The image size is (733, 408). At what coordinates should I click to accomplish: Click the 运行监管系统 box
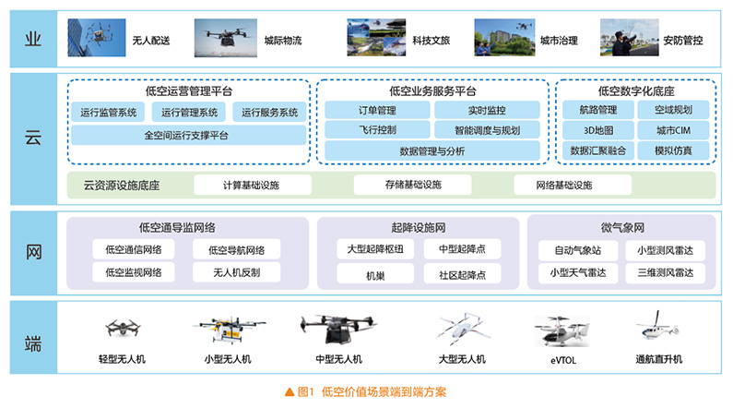pyautogui.click(x=108, y=113)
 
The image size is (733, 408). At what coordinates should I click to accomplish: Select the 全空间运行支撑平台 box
pyautogui.click(x=187, y=135)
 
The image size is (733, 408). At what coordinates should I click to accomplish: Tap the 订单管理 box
pyautogui.click(x=374, y=110)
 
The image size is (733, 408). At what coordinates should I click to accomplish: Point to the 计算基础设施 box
pyautogui.click(x=251, y=186)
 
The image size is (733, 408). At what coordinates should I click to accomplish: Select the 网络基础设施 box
pyautogui.click(x=563, y=186)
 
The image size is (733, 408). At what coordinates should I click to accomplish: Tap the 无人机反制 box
pyautogui.click(x=237, y=272)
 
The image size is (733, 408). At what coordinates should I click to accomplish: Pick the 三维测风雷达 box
pyautogui.click(x=665, y=273)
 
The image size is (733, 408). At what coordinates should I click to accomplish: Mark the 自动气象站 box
pyautogui.click(x=577, y=250)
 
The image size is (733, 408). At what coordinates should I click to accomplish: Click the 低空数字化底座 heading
pyautogui.click(x=636, y=91)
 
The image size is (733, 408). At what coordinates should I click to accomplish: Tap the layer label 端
pyautogui.click(x=31, y=342)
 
